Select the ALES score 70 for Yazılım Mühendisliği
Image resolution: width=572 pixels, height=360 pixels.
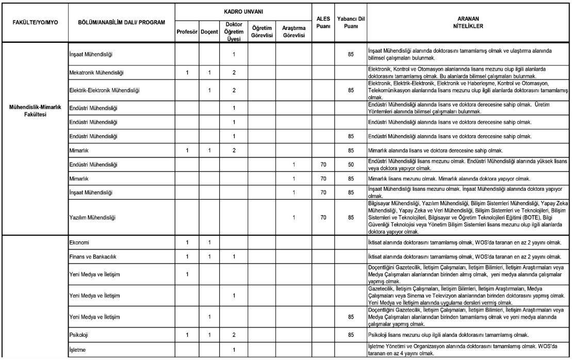[x=323, y=218]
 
